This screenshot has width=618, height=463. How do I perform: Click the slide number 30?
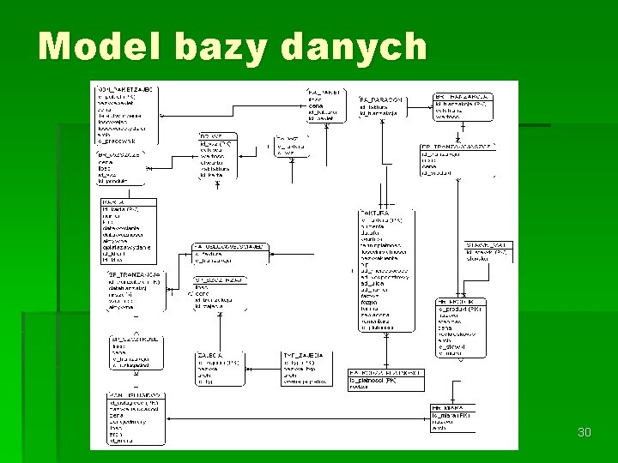click(585, 432)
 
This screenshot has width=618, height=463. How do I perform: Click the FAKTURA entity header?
click(374, 212)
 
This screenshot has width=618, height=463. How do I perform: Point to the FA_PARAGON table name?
click(381, 99)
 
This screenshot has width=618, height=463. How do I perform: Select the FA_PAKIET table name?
click(324, 91)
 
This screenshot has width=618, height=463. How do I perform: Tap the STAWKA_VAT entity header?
click(486, 245)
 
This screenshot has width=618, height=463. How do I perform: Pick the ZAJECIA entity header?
click(209, 354)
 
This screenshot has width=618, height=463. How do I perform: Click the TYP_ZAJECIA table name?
click(303, 354)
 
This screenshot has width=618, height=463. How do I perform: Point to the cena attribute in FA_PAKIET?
click(316, 105)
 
